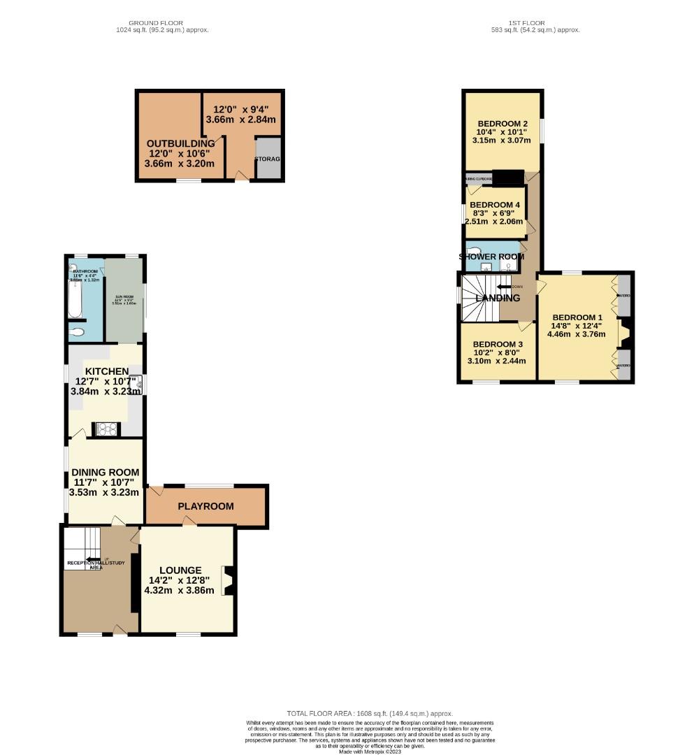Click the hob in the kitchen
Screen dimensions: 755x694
pos(106,429)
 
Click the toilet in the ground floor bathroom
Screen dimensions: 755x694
pos(77,332)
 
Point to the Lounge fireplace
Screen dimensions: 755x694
pos(226,580)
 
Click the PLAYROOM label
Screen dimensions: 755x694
pos(205,506)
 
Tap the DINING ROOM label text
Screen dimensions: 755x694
pos(105,473)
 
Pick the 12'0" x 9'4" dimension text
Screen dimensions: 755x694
pos(240,109)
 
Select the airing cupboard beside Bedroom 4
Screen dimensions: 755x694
pos(479,179)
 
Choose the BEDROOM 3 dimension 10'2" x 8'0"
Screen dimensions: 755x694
pos(498,353)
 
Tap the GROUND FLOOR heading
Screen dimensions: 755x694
pos(162,23)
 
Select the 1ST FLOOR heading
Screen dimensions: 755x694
pos(535,23)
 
